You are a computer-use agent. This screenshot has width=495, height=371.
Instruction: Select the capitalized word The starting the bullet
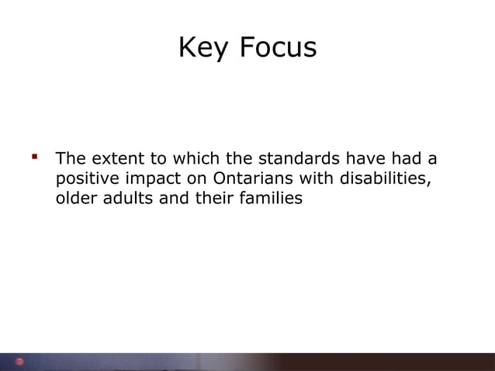[x=71, y=160]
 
